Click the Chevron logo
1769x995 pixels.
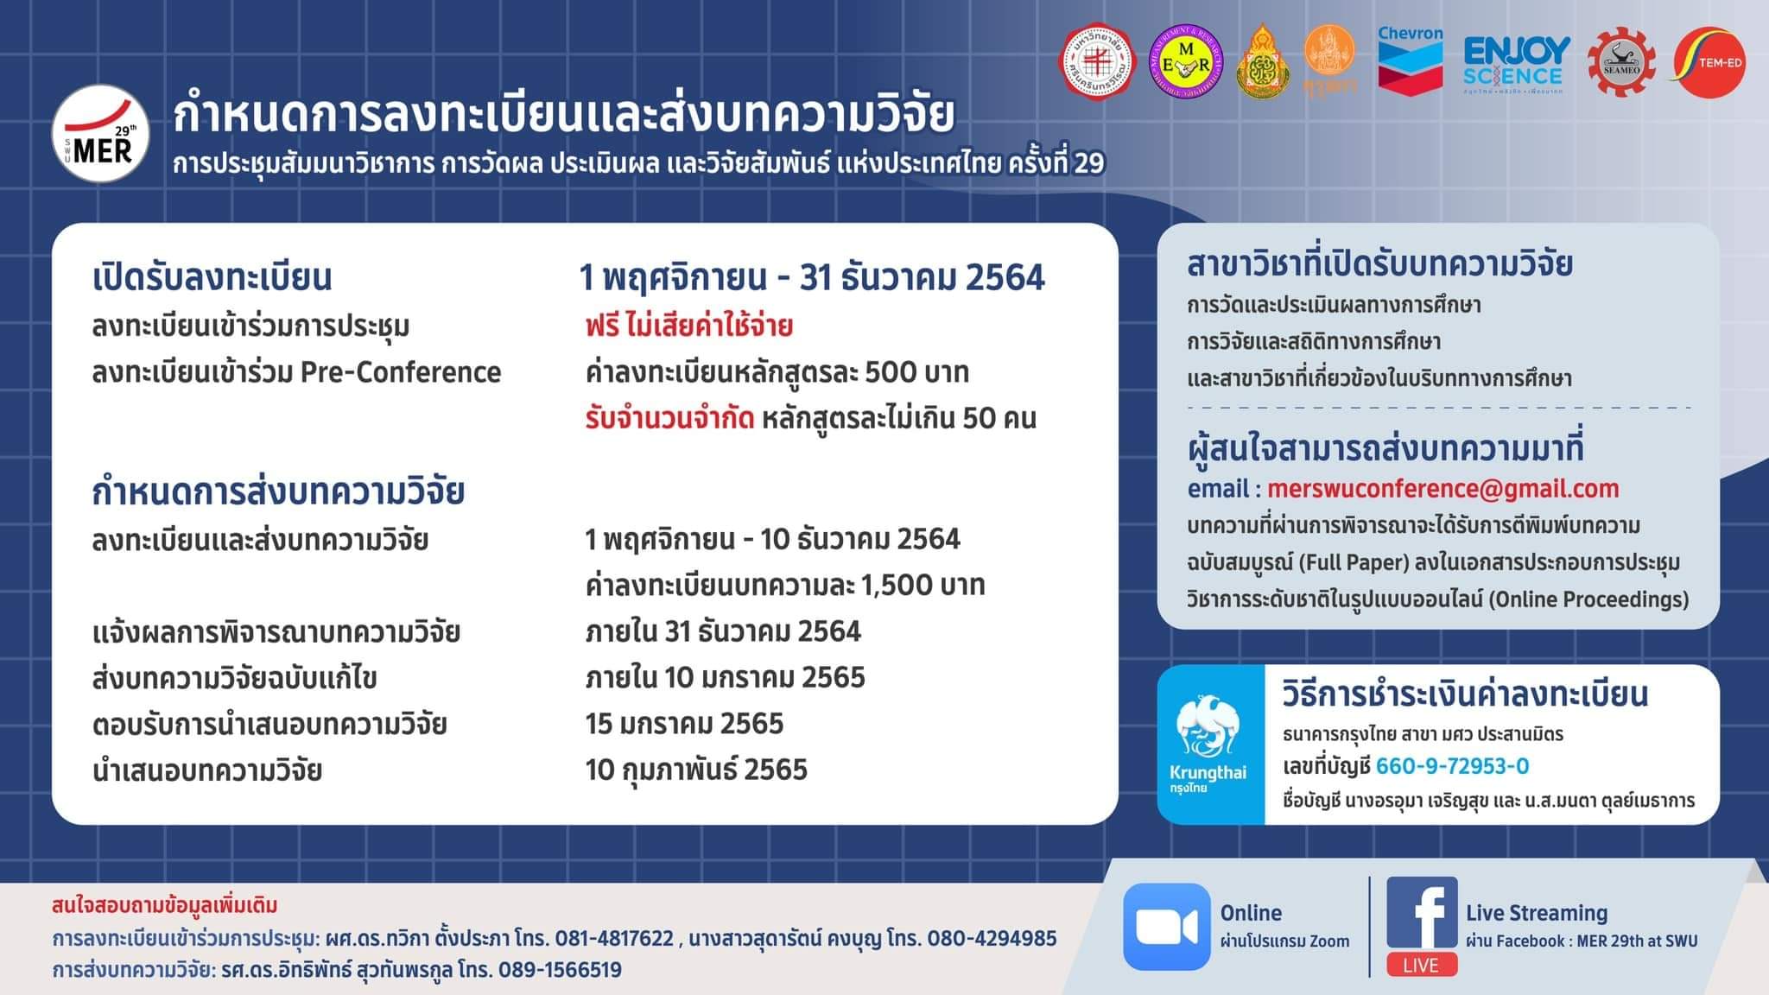point(1410,59)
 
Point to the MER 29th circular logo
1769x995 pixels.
point(101,134)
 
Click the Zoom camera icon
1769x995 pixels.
point(1166,927)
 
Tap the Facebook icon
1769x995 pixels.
point(1422,913)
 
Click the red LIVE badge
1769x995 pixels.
point(1422,965)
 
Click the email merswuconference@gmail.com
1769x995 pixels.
point(1442,489)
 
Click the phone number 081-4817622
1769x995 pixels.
point(614,938)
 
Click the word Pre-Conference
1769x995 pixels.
point(401,372)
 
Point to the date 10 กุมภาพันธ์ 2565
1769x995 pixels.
point(696,770)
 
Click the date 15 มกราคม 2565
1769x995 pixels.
point(684,724)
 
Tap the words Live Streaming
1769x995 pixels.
point(1536,913)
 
